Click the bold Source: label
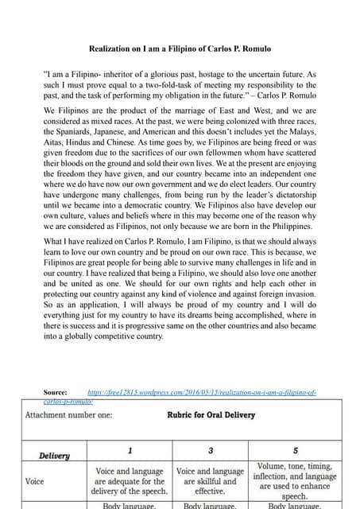pos(56,393)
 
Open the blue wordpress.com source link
pos(202,393)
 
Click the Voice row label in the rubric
pos(35,481)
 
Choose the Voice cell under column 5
pos(294,480)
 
